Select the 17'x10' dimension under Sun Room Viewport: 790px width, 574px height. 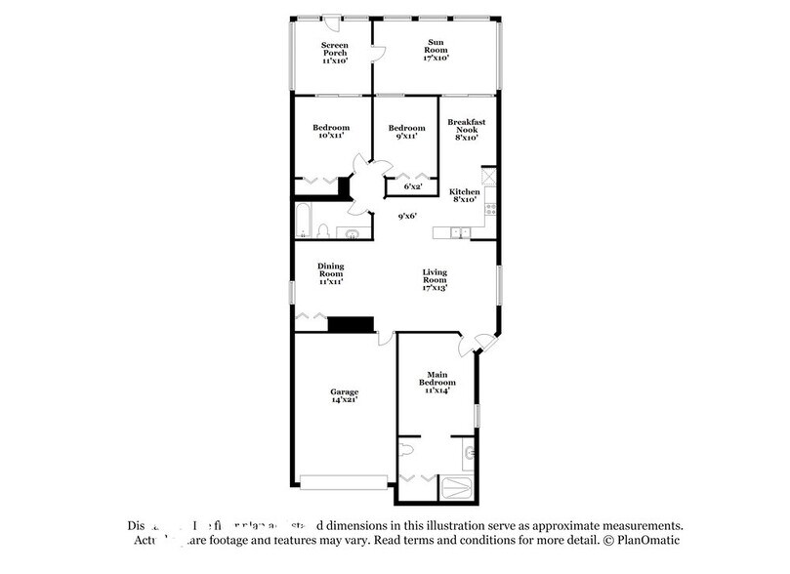click(x=436, y=59)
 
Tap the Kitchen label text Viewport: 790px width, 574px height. click(x=464, y=192)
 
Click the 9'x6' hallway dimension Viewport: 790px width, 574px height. click(x=407, y=217)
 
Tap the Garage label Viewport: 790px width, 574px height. click(x=343, y=395)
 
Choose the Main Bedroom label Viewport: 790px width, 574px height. click(x=436, y=377)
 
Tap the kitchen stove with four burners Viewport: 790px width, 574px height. click(x=490, y=209)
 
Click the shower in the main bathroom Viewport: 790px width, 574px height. click(x=457, y=486)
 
